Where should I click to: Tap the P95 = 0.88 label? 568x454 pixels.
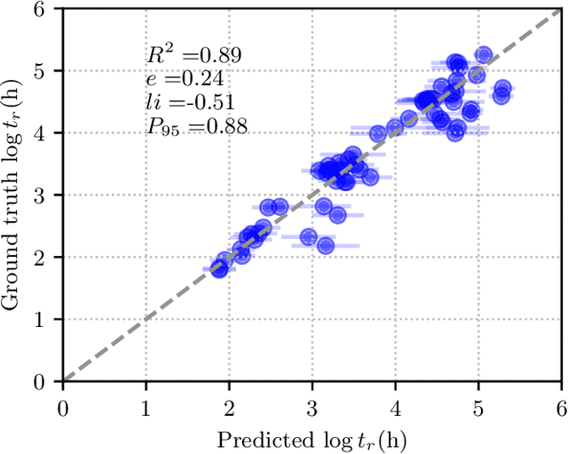point(197,127)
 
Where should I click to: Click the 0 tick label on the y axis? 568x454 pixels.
point(44,382)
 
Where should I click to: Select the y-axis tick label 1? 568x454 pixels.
point(44,320)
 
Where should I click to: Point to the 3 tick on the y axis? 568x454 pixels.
point(44,195)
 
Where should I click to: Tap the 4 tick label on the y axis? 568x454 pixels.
point(44,132)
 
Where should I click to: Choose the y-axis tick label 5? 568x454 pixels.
point(44,70)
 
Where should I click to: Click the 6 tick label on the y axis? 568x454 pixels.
point(44,8)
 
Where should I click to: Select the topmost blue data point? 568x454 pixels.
point(484,55)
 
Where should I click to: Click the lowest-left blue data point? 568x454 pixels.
point(219,268)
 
